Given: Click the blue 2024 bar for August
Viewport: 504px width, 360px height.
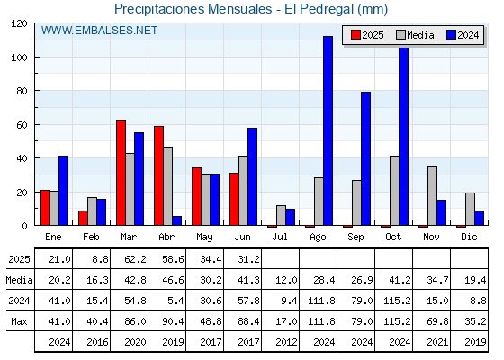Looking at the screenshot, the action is tap(328, 130).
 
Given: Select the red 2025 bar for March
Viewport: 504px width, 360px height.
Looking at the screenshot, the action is tap(121, 173).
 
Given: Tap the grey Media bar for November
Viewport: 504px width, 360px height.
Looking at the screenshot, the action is tap(432, 196).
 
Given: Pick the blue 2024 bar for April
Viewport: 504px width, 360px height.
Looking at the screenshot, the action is tap(176, 220).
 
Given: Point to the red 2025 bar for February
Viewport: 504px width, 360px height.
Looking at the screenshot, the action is tap(83, 218).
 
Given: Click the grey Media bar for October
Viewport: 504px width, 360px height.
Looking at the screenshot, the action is tap(394, 191).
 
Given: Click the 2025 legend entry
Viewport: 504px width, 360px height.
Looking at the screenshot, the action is tap(367, 35).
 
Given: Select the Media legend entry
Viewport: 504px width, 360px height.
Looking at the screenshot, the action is tap(415, 35).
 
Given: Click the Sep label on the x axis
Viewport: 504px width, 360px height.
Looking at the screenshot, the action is tap(355, 238).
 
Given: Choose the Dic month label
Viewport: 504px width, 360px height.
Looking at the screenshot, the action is tap(469, 237).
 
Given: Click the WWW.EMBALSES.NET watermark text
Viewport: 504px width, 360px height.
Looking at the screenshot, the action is tap(99, 31).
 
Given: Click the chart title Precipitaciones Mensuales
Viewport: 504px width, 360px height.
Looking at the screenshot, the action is tap(193, 9).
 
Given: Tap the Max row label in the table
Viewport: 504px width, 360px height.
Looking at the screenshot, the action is tap(19, 321).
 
